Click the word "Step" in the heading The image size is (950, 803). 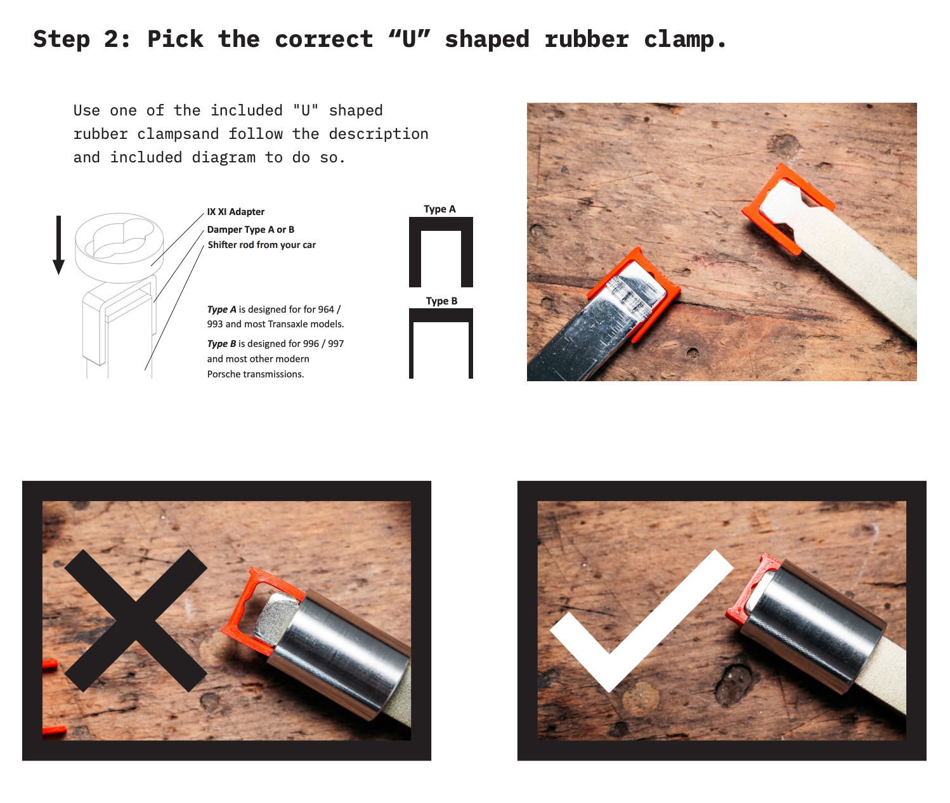pos(62,39)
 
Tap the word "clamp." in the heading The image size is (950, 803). pos(685,40)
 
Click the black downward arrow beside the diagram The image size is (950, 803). pos(59,245)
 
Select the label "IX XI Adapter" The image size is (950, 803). pos(236,212)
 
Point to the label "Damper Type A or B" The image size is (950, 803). pos(251,230)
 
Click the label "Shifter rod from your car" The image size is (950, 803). pos(262,245)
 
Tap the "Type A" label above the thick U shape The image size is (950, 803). pos(439,209)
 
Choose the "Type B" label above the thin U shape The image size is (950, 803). pos(441,301)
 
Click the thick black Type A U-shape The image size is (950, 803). pos(441,224)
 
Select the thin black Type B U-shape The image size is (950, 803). pos(441,315)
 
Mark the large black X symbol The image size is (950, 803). pos(136,620)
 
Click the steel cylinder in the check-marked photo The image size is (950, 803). pos(810,626)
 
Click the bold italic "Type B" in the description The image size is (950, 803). pos(221,344)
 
